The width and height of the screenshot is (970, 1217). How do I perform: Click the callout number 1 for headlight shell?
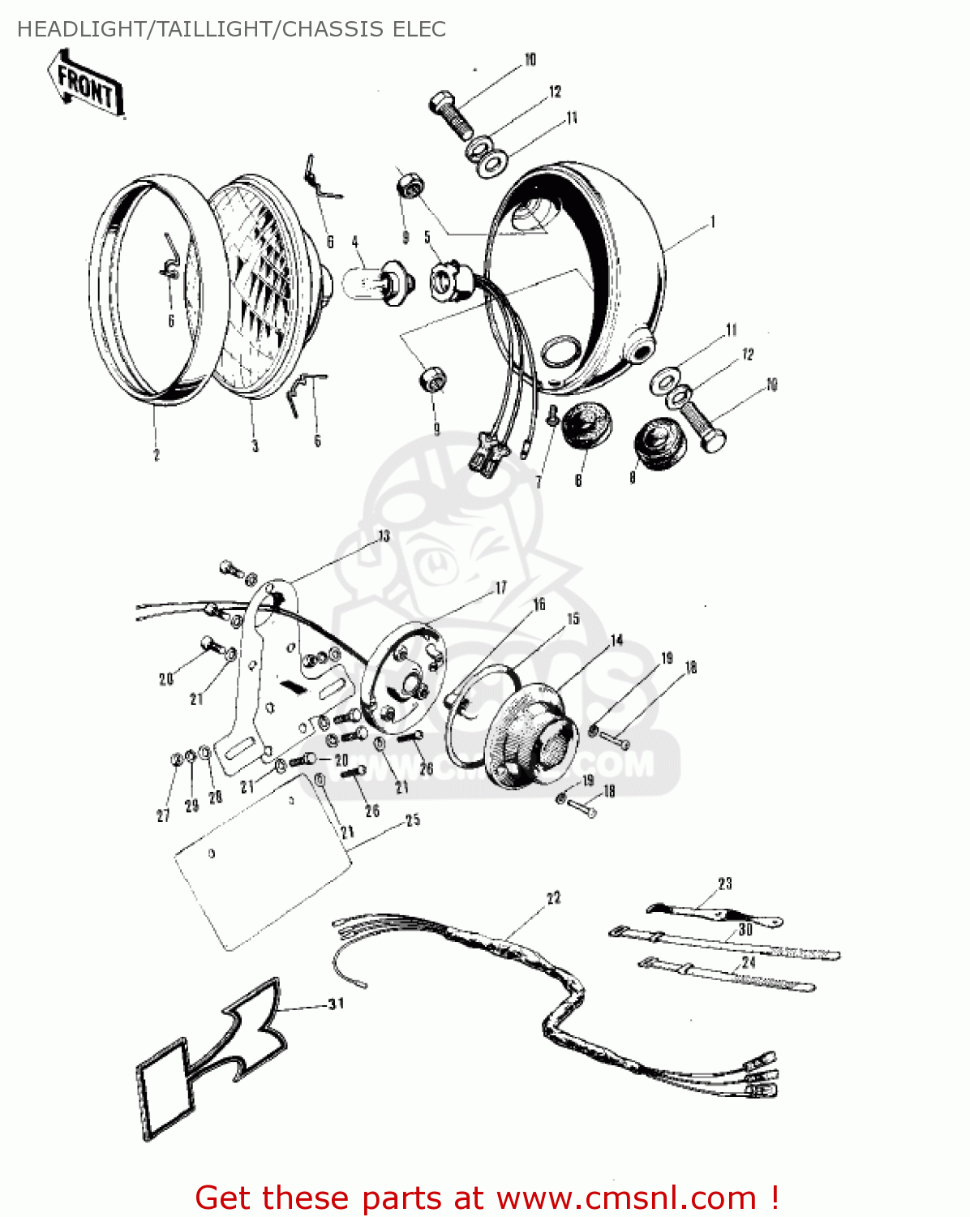(x=712, y=221)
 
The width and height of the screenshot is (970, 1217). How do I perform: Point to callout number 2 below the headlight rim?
(x=157, y=455)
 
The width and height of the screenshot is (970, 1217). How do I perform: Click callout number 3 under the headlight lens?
(x=255, y=446)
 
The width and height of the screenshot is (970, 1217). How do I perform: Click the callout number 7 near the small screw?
(x=538, y=482)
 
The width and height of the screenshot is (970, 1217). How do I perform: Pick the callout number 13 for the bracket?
(x=384, y=536)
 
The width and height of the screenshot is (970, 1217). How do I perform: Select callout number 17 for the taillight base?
(x=500, y=587)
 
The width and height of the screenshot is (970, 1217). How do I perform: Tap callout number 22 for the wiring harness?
(x=553, y=898)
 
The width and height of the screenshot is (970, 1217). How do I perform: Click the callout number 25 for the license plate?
(x=413, y=820)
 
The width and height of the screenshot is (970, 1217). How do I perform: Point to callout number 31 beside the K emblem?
(x=336, y=1004)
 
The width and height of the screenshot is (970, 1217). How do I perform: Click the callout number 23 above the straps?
(x=724, y=884)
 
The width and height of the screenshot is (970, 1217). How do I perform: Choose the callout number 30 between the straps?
(x=745, y=930)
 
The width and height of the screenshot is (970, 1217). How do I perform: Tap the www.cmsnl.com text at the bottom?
(x=626, y=1198)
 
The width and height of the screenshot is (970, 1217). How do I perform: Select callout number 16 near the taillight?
(x=539, y=604)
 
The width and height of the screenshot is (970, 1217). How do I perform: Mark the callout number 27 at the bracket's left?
(x=163, y=815)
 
